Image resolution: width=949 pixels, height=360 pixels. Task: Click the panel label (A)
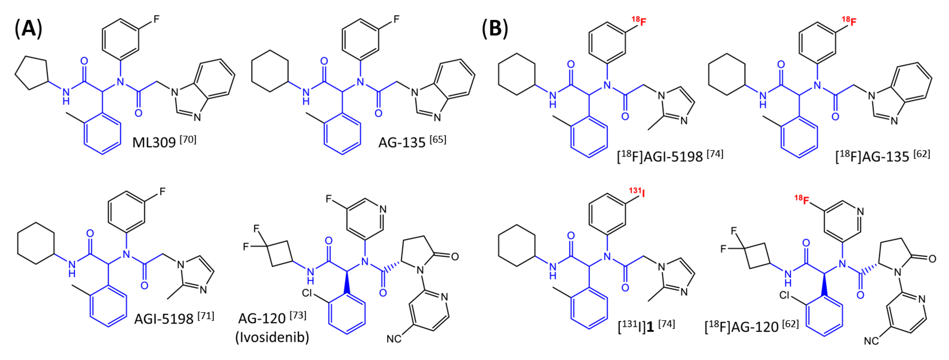28,29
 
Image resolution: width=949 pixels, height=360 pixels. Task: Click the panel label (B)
495,29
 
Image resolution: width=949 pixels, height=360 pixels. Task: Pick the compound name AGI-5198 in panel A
164,318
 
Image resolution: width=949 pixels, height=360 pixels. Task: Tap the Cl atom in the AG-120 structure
307,293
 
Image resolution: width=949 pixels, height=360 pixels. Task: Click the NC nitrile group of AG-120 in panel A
393,338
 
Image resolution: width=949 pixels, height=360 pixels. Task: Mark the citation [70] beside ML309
188,139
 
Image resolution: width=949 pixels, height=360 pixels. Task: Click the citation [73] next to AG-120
298,315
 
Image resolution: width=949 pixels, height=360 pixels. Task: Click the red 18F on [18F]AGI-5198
639,21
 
